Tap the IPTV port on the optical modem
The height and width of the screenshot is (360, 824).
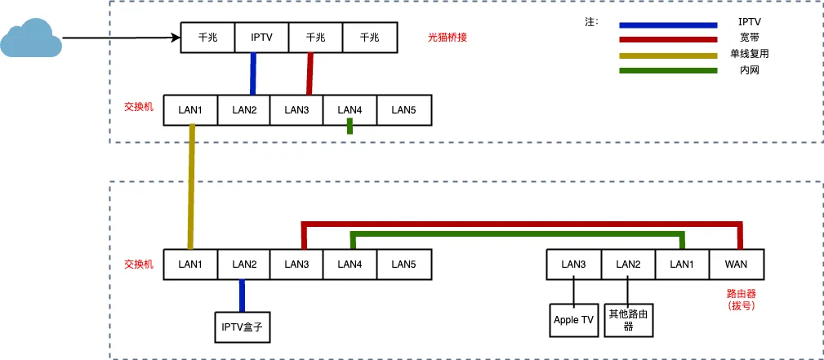[261, 38]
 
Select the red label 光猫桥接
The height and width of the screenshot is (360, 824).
[447, 38]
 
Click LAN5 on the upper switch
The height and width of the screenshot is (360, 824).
[403, 110]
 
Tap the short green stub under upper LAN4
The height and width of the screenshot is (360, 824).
[350, 126]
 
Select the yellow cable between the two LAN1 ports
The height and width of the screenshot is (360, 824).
[191, 186]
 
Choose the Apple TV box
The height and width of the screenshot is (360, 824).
[573, 320]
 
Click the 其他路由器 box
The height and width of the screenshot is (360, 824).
[628, 320]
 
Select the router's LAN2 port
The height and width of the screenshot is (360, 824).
[628, 264]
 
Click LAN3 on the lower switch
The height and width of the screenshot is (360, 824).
[296, 264]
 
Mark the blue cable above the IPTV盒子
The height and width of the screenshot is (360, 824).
[242, 295]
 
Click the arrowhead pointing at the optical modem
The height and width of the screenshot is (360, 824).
[175, 38]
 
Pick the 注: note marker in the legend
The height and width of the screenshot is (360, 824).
[591, 21]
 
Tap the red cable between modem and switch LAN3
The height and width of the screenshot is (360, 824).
[310, 73]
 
